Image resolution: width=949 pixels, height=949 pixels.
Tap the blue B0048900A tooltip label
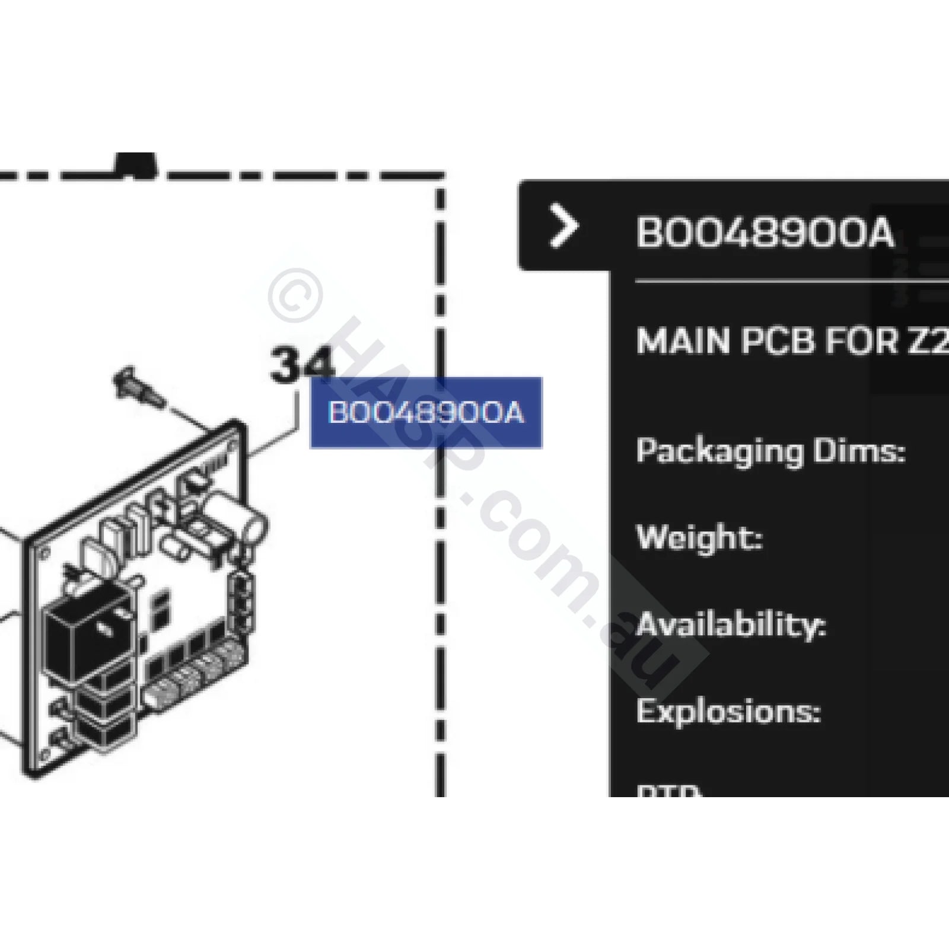(x=426, y=413)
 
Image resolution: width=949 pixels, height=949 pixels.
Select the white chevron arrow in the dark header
(x=563, y=225)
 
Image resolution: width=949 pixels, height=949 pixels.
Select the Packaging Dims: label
(x=770, y=451)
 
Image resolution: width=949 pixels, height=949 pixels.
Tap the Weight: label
(x=699, y=538)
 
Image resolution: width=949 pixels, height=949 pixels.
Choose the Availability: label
(x=731, y=625)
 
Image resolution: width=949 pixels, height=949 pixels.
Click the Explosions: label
(x=728, y=711)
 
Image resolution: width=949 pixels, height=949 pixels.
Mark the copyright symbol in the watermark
(x=295, y=295)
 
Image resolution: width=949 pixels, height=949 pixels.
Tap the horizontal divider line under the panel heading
(x=789, y=281)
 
